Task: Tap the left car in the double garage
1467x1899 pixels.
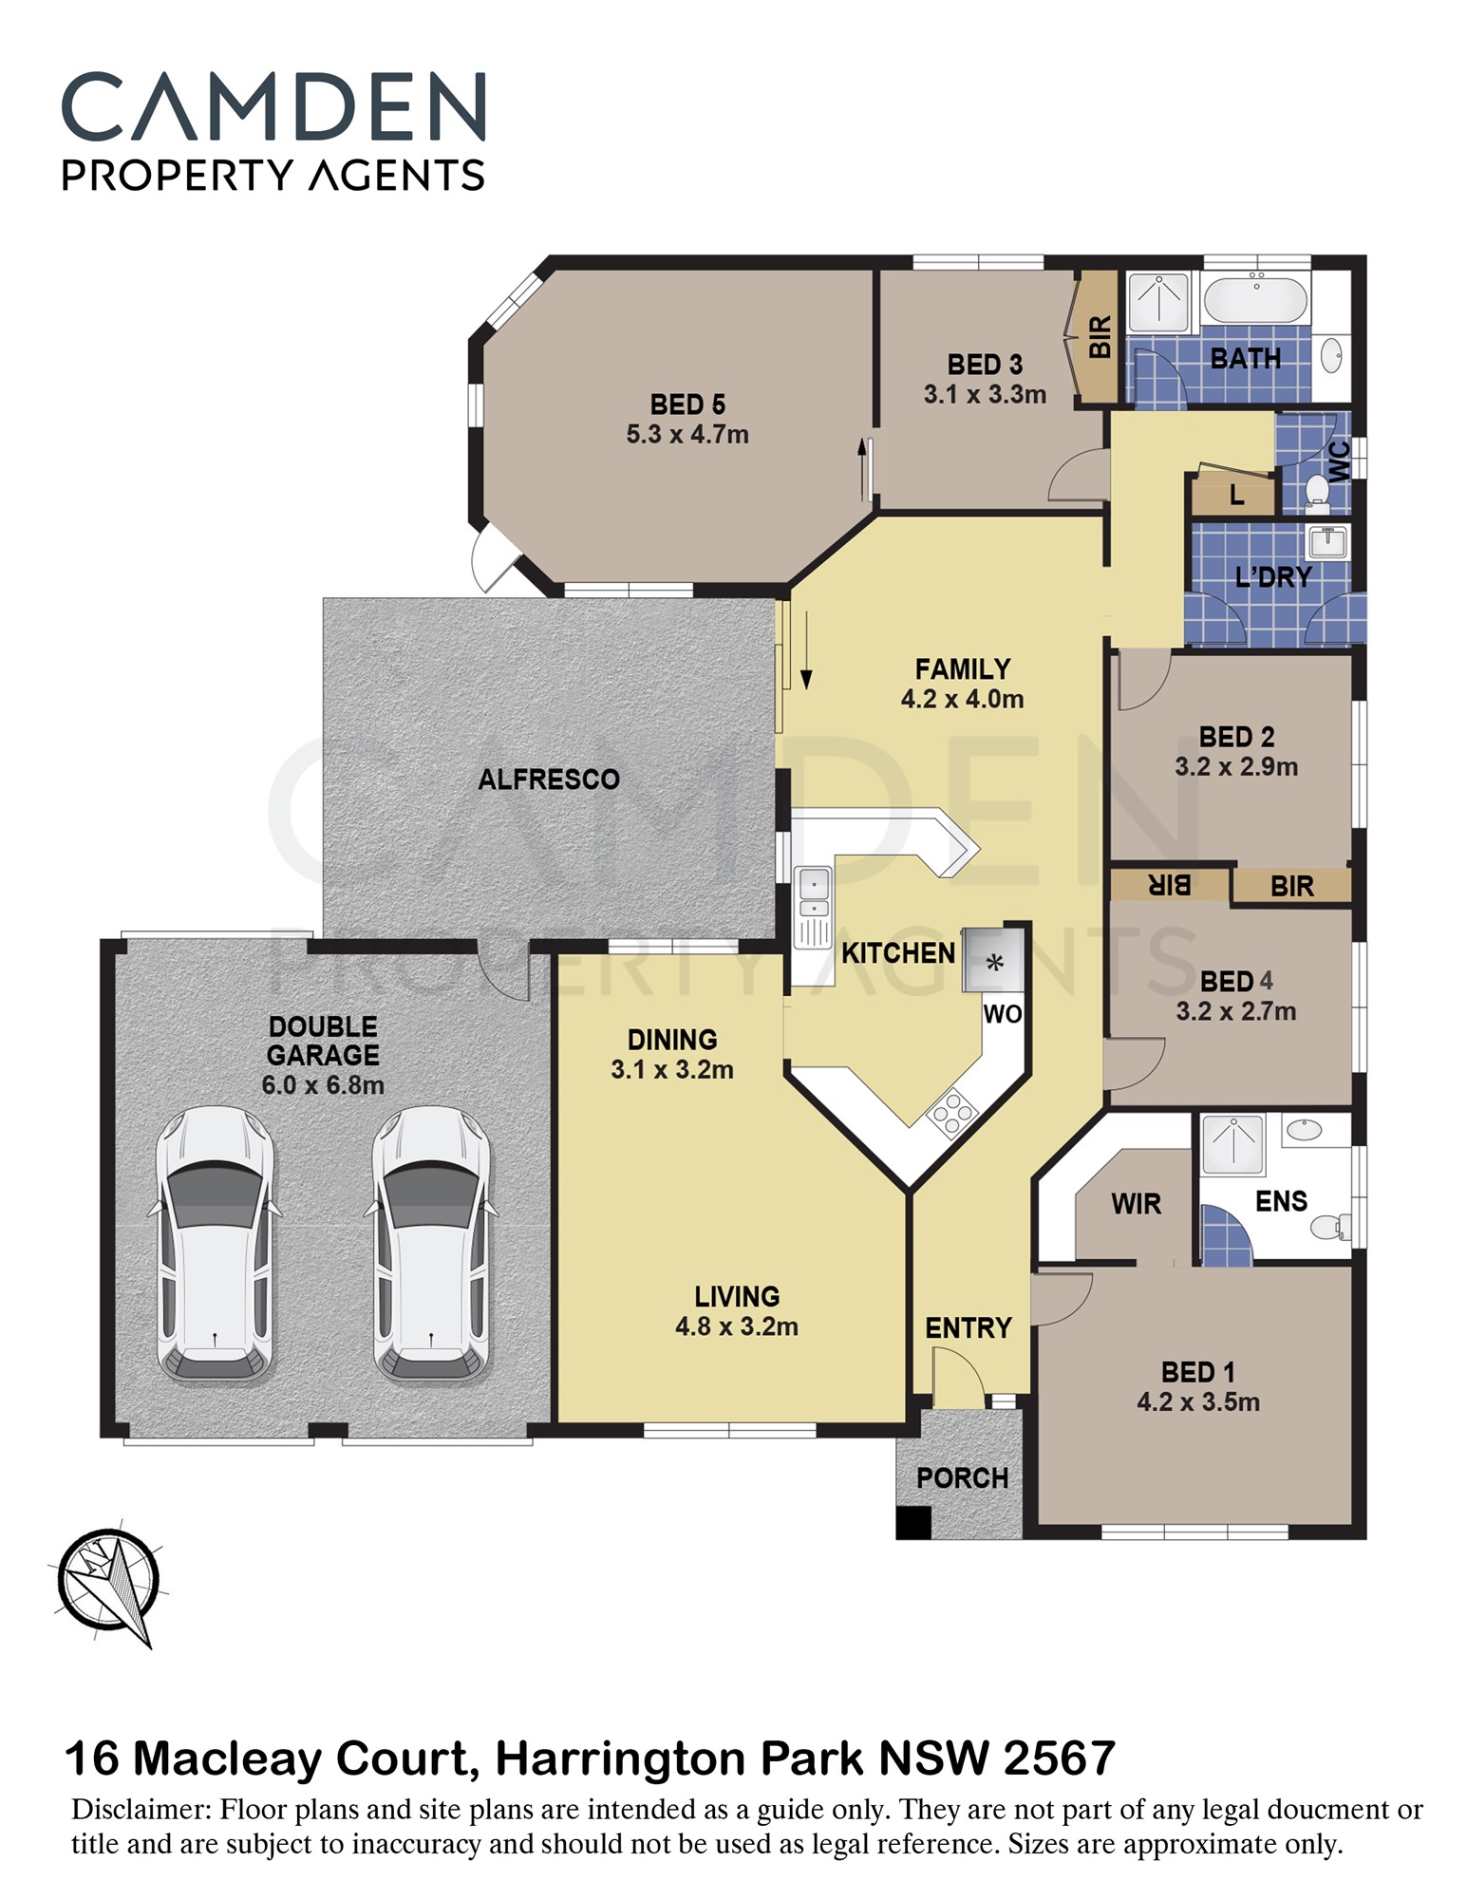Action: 215,1244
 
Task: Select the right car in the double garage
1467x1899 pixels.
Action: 432,1244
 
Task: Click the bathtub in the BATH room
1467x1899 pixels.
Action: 1255,299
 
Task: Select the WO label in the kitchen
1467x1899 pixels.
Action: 1003,1014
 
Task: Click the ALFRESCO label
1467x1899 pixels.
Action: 549,780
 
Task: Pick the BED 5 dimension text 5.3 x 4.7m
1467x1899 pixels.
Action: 687,435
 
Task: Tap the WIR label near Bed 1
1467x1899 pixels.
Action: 1136,1204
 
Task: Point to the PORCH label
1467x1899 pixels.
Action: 962,1477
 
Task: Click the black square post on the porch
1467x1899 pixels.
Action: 913,1522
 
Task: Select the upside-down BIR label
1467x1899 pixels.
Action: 1170,885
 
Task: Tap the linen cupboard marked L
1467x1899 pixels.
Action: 1234,494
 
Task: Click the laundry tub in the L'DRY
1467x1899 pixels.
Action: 1328,541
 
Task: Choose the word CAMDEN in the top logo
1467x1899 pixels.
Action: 274,106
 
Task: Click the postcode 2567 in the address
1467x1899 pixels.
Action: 1059,1758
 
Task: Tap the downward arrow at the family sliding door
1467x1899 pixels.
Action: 806,649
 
